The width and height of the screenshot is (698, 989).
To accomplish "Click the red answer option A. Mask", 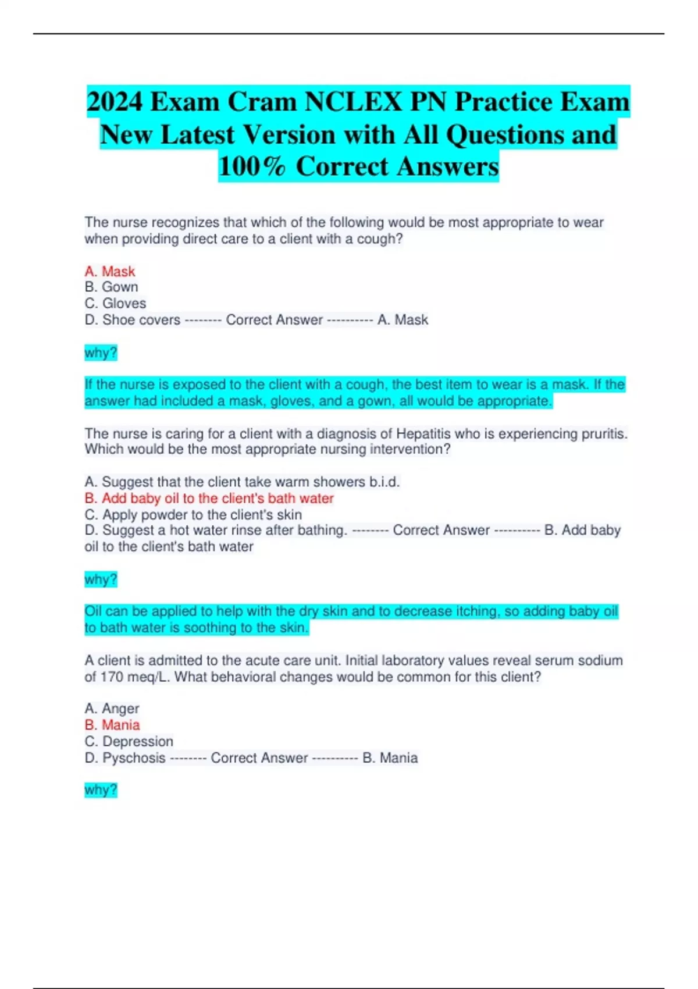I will [109, 271].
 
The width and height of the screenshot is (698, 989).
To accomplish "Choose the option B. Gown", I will [111, 287].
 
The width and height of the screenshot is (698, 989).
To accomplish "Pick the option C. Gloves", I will [115, 303].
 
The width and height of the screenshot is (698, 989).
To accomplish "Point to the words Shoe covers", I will [141, 319].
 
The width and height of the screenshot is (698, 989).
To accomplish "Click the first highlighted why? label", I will [101, 353].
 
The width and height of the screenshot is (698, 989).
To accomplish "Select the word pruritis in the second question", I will [604, 433].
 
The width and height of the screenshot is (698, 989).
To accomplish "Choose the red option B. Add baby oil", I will [209, 498].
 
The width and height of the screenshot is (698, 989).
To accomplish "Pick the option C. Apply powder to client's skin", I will [193, 514].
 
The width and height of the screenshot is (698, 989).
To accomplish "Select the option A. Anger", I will [112, 708].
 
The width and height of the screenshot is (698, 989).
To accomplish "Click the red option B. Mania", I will [112, 725].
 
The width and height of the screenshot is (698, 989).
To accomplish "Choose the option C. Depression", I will [129, 741].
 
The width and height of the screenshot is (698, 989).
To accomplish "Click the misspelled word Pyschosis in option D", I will [134, 757].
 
